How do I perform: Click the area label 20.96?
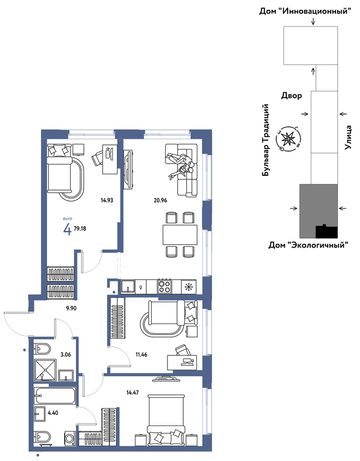tap(160, 200)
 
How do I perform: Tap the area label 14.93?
tap(107, 200)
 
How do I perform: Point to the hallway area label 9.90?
tap(71, 308)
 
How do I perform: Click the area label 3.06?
tap(65, 355)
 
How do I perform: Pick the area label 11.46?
tap(141, 355)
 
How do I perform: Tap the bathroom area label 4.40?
tap(53, 413)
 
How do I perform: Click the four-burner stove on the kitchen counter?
tap(165, 286)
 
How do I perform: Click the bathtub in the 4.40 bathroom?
tap(55, 396)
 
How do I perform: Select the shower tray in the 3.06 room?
tap(44, 369)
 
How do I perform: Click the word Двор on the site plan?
tap(292, 96)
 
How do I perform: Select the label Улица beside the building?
tap(348, 137)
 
